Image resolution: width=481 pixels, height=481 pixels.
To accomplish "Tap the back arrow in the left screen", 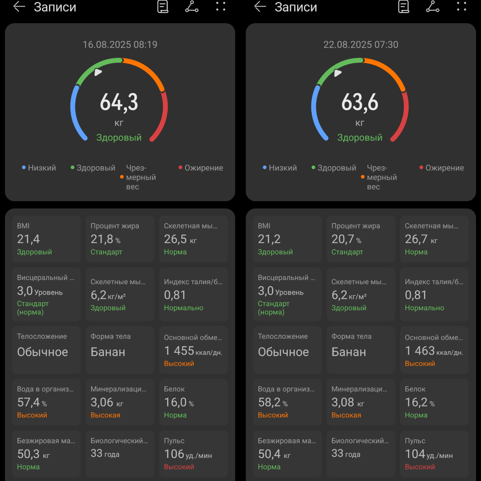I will tap(19, 7).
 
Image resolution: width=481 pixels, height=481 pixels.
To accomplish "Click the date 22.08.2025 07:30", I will tap(361, 44).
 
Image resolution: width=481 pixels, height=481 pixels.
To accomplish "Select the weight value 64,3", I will tap(119, 102).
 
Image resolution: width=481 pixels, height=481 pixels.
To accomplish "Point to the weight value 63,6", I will tap(360, 102).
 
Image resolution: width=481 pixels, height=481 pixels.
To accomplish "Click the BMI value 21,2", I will tap(269, 239).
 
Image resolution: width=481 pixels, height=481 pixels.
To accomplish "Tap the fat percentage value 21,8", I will tap(102, 239).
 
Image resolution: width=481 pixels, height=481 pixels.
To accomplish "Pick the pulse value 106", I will tap(174, 454).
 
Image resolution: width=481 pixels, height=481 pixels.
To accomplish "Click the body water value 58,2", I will tap(269, 402).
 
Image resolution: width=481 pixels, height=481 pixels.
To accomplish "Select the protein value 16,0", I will tap(175, 402).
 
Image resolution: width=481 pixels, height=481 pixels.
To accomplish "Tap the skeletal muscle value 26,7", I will tap(416, 239).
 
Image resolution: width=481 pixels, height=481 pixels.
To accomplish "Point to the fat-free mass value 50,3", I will tap(28, 454).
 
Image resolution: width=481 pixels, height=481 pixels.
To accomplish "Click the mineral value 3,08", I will tap(343, 402).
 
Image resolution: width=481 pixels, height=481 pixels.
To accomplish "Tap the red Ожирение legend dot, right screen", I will tap(421, 168).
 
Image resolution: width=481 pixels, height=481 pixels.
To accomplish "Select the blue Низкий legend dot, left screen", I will tap(24, 168).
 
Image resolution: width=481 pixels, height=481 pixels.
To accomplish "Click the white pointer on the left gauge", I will tap(98, 72).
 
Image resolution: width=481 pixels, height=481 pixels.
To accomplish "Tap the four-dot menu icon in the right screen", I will tap(461, 6).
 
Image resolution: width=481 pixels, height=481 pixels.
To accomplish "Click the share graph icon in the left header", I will tap(192, 7).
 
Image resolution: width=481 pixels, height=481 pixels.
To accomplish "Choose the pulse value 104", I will tap(414, 454).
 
